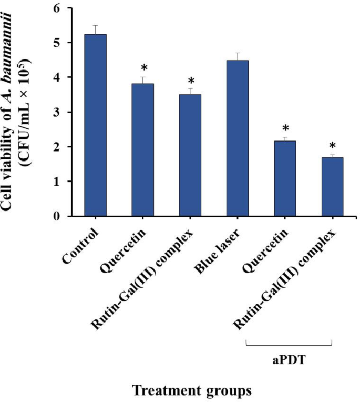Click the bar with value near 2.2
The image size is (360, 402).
[284, 178]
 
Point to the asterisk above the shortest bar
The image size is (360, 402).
[332, 146]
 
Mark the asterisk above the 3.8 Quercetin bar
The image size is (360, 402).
[142, 68]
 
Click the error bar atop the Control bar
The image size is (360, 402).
[95, 29]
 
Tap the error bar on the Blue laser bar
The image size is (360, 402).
[237, 56]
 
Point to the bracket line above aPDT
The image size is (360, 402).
[290, 345]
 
